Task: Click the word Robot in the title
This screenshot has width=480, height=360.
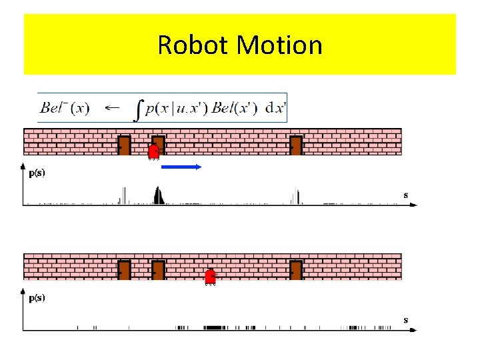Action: (194, 45)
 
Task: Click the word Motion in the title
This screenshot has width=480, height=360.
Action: (279, 45)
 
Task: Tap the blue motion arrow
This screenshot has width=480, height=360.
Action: (181, 167)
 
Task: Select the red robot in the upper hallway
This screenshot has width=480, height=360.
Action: (154, 152)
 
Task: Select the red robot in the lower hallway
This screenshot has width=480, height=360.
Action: (210, 277)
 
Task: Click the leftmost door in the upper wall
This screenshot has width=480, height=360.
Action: (124, 145)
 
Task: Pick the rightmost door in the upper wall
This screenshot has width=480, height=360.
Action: (296, 145)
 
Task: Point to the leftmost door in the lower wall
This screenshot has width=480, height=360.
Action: (124, 270)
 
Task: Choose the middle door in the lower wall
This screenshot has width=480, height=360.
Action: (158, 270)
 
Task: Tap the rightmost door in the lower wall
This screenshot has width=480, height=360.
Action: (296, 270)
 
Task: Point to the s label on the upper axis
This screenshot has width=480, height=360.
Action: (406, 195)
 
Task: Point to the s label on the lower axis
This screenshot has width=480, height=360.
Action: (406, 320)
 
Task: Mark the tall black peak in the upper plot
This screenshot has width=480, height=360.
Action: (159, 195)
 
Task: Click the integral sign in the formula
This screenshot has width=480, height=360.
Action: (139, 109)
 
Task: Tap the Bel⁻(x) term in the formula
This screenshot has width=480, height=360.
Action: (65, 107)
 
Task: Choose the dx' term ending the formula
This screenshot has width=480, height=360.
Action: (274, 108)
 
